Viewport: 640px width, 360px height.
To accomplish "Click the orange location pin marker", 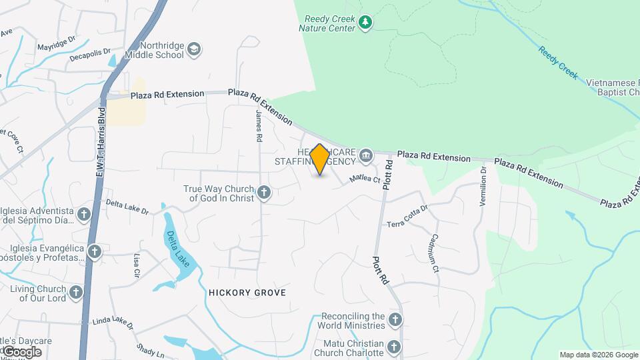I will [x=320, y=159].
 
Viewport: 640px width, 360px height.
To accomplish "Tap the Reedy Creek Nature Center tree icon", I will [x=365, y=23].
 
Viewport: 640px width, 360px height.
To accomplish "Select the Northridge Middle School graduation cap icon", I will [x=194, y=49].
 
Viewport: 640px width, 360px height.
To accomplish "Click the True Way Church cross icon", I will [x=265, y=193].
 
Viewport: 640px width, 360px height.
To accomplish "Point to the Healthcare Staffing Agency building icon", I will [x=366, y=156].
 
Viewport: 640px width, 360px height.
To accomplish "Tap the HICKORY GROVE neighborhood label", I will [x=247, y=293].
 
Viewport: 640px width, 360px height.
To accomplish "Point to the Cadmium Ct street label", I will [x=434, y=253].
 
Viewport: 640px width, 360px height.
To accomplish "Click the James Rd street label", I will [x=259, y=126].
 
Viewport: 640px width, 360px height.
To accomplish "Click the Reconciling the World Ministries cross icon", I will [x=395, y=321].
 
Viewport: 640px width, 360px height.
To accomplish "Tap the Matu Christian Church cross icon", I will [x=394, y=347].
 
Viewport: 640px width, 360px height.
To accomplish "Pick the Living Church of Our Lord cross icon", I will [x=77, y=293].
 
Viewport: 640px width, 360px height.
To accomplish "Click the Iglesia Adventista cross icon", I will [x=84, y=214].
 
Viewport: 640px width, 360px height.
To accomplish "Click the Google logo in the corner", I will [x=21, y=351].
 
